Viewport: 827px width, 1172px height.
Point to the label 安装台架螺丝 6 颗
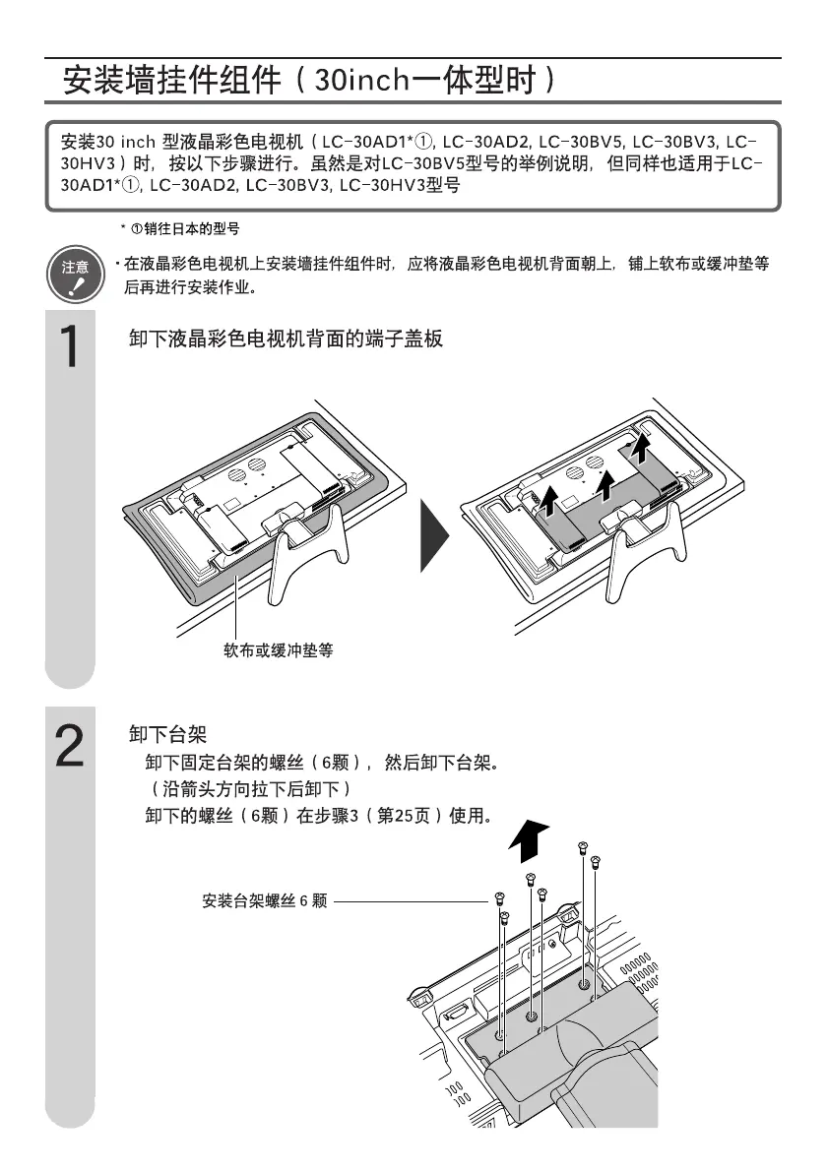click(x=264, y=900)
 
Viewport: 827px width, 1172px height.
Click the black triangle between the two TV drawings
click(x=432, y=534)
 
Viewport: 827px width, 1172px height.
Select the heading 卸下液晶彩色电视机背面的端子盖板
click(x=286, y=339)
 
